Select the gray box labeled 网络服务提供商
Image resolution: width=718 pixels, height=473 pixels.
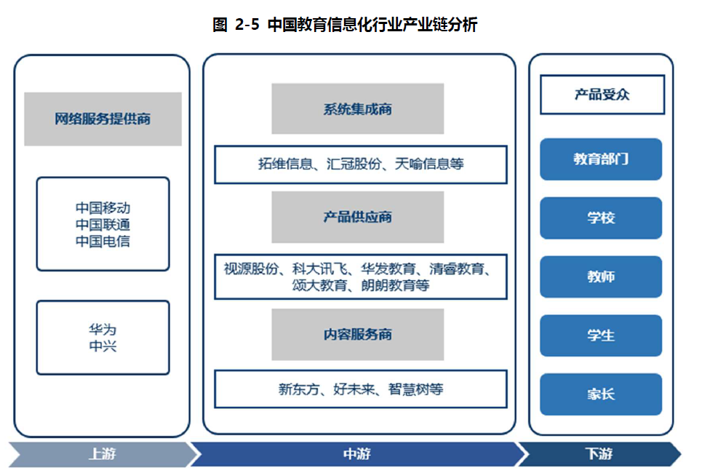coord(103,119)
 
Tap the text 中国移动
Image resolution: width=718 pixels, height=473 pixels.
coord(103,209)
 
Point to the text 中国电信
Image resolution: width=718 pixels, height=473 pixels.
coord(103,241)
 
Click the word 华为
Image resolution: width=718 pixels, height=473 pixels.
coord(103,330)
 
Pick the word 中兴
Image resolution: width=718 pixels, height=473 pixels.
coord(103,346)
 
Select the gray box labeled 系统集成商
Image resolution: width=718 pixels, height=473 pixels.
coord(357,109)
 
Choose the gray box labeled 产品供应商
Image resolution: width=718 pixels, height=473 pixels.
coord(357,217)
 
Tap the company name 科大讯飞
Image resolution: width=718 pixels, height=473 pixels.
coord(316,269)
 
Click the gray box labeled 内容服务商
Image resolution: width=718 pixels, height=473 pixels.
coord(357,334)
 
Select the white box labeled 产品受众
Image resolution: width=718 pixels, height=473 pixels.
coord(602,95)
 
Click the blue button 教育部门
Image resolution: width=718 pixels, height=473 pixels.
coord(601,159)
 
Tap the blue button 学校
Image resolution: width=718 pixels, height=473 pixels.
coord(601,218)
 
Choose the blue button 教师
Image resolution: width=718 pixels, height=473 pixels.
coord(601,277)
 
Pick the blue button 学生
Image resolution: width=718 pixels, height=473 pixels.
coord(601,335)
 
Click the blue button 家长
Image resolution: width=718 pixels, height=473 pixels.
coord(601,394)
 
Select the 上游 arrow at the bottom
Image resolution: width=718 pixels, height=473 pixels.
coord(102,454)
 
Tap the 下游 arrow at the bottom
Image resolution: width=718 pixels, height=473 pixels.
coord(599,454)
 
